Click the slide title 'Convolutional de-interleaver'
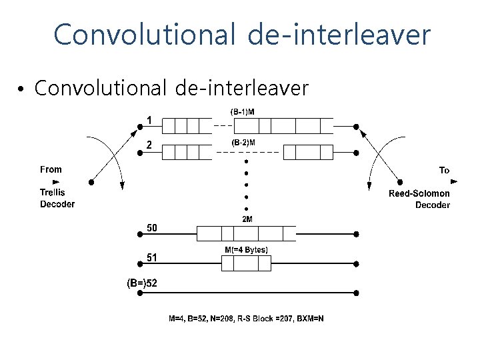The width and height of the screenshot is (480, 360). [242, 35]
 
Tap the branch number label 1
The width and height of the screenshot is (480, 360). [150, 120]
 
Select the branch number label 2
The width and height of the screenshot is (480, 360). [150, 145]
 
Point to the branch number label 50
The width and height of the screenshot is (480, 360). [153, 228]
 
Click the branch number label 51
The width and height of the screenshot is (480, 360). [153, 257]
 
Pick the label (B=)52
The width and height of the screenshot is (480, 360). [143, 283]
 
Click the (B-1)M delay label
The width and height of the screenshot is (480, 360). [243, 112]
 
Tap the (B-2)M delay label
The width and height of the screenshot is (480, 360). [243, 143]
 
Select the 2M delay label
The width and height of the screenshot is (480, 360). [247, 219]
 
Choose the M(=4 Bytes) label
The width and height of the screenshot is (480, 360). [246, 250]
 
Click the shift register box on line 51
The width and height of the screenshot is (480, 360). [246, 264]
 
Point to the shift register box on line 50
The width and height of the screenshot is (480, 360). [246, 233]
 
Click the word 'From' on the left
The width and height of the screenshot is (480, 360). [51, 170]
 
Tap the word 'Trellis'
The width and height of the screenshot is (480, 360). [53, 193]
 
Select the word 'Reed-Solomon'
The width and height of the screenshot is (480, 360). [419, 194]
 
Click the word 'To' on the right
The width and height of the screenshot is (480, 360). [444, 171]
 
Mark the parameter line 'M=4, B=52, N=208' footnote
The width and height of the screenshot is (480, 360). [245, 319]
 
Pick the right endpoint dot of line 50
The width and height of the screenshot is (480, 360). [357, 234]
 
